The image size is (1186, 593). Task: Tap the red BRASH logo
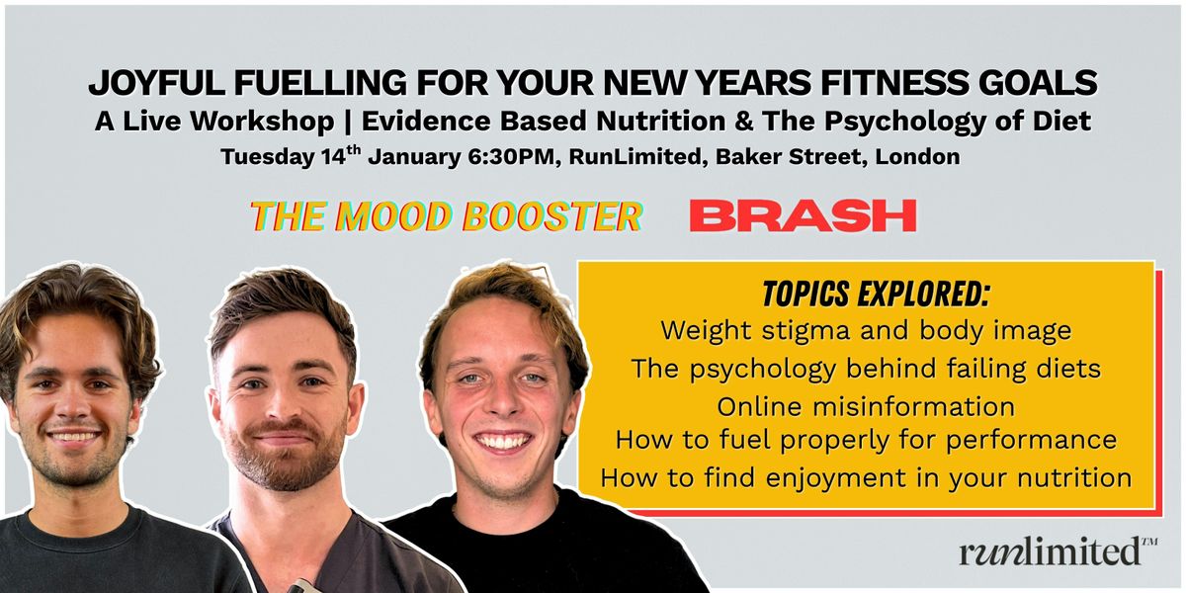pyautogui.click(x=803, y=215)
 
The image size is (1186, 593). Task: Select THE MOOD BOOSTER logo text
pyautogui.click(x=447, y=216)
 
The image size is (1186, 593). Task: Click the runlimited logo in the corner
pyautogui.click(x=1059, y=551)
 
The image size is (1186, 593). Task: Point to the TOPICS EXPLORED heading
pyautogui.click(x=876, y=294)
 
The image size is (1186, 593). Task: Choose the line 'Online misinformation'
pyautogui.click(x=866, y=406)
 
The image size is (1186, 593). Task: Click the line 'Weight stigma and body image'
pyautogui.click(x=866, y=331)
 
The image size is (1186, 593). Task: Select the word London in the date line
pyautogui.click(x=917, y=157)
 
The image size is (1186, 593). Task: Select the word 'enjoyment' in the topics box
pyautogui.click(x=836, y=478)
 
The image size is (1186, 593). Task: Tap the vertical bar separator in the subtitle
pyautogui.click(x=348, y=122)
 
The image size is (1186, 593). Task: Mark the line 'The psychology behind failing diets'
pyautogui.click(x=866, y=369)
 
